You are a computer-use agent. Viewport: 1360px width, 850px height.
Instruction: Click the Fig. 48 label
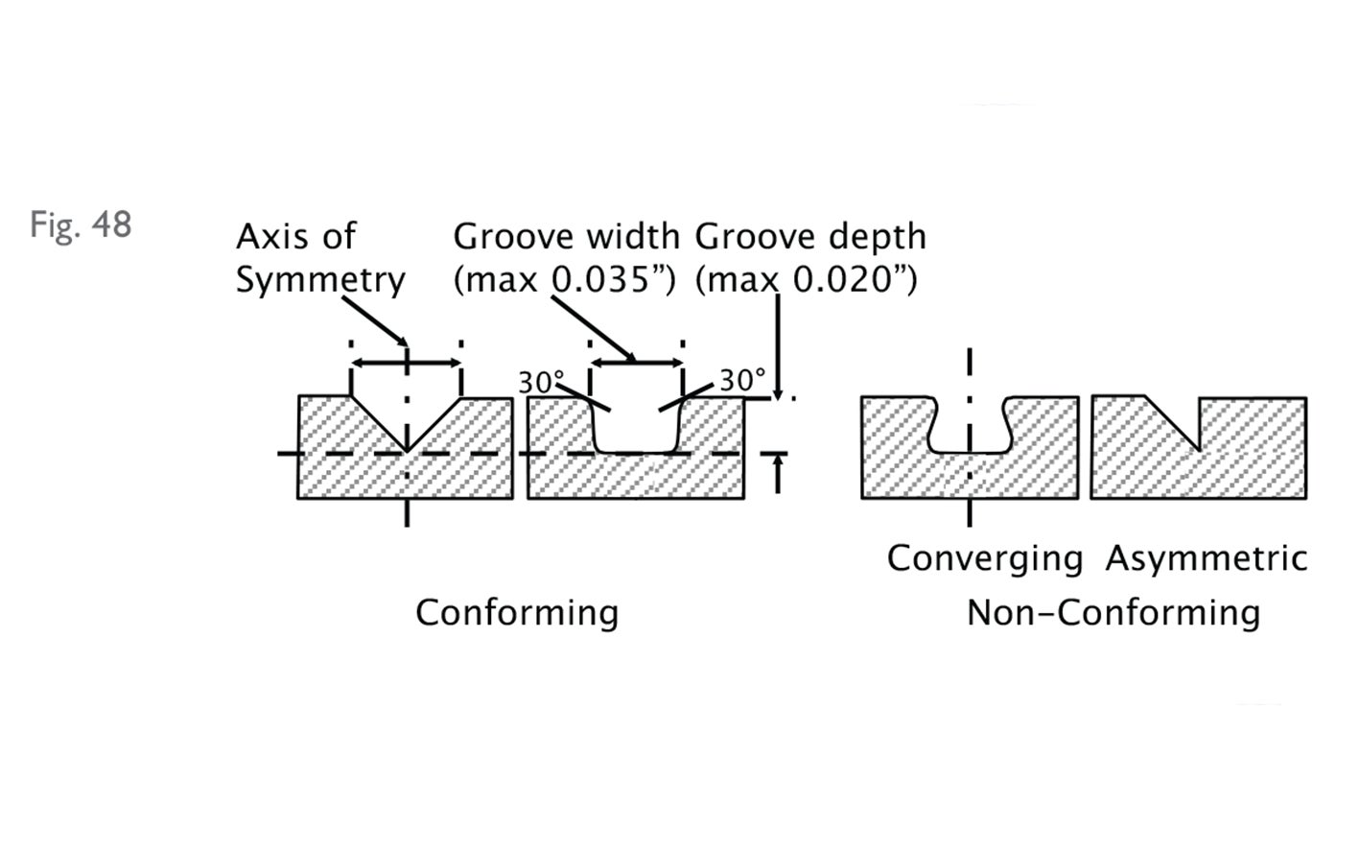pyautogui.click(x=81, y=224)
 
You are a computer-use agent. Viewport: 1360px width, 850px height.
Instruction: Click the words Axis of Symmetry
pyautogui.click(x=320, y=257)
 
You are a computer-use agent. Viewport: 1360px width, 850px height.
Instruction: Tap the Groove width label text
pyautogui.click(x=566, y=236)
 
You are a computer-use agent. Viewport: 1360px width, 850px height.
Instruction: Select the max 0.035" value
pyautogui.click(x=566, y=280)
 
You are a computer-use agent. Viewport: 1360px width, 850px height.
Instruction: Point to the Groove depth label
pyautogui.click(x=810, y=236)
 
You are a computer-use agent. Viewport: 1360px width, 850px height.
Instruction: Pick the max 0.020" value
pyautogui.click(x=807, y=280)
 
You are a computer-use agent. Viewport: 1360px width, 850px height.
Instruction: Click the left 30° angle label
pyautogui.click(x=536, y=383)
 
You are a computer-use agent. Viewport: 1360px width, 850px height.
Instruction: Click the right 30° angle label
pyautogui.click(x=742, y=381)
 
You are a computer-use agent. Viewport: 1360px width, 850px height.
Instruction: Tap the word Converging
pyautogui.click(x=984, y=558)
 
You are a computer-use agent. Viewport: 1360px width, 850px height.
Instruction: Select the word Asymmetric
pyautogui.click(x=1206, y=558)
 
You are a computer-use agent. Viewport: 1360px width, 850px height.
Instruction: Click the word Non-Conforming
pyautogui.click(x=1113, y=612)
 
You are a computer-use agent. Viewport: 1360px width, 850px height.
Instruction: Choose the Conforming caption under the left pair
pyautogui.click(x=517, y=612)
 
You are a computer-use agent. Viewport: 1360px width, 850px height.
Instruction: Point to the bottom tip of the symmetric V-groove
pyautogui.click(x=408, y=449)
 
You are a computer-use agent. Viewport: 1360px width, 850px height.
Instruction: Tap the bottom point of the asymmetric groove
pyautogui.click(x=1199, y=448)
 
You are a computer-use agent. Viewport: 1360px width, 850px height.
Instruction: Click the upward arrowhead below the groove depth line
pyautogui.click(x=778, y=463)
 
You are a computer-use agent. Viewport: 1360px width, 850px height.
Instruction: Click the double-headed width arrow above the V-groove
pyautogui.click(x=407, y=363)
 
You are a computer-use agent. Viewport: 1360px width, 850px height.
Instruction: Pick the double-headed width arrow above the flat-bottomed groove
pyautogui.click(x=636, y=363)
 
